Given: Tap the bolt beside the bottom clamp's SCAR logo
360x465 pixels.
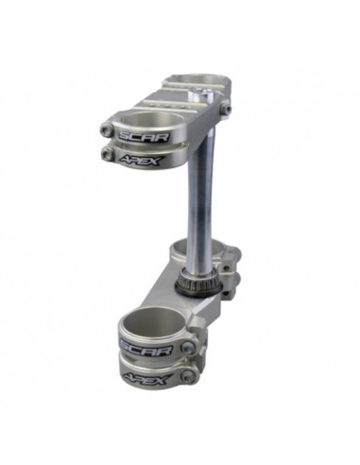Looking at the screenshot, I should pos(188,348).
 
